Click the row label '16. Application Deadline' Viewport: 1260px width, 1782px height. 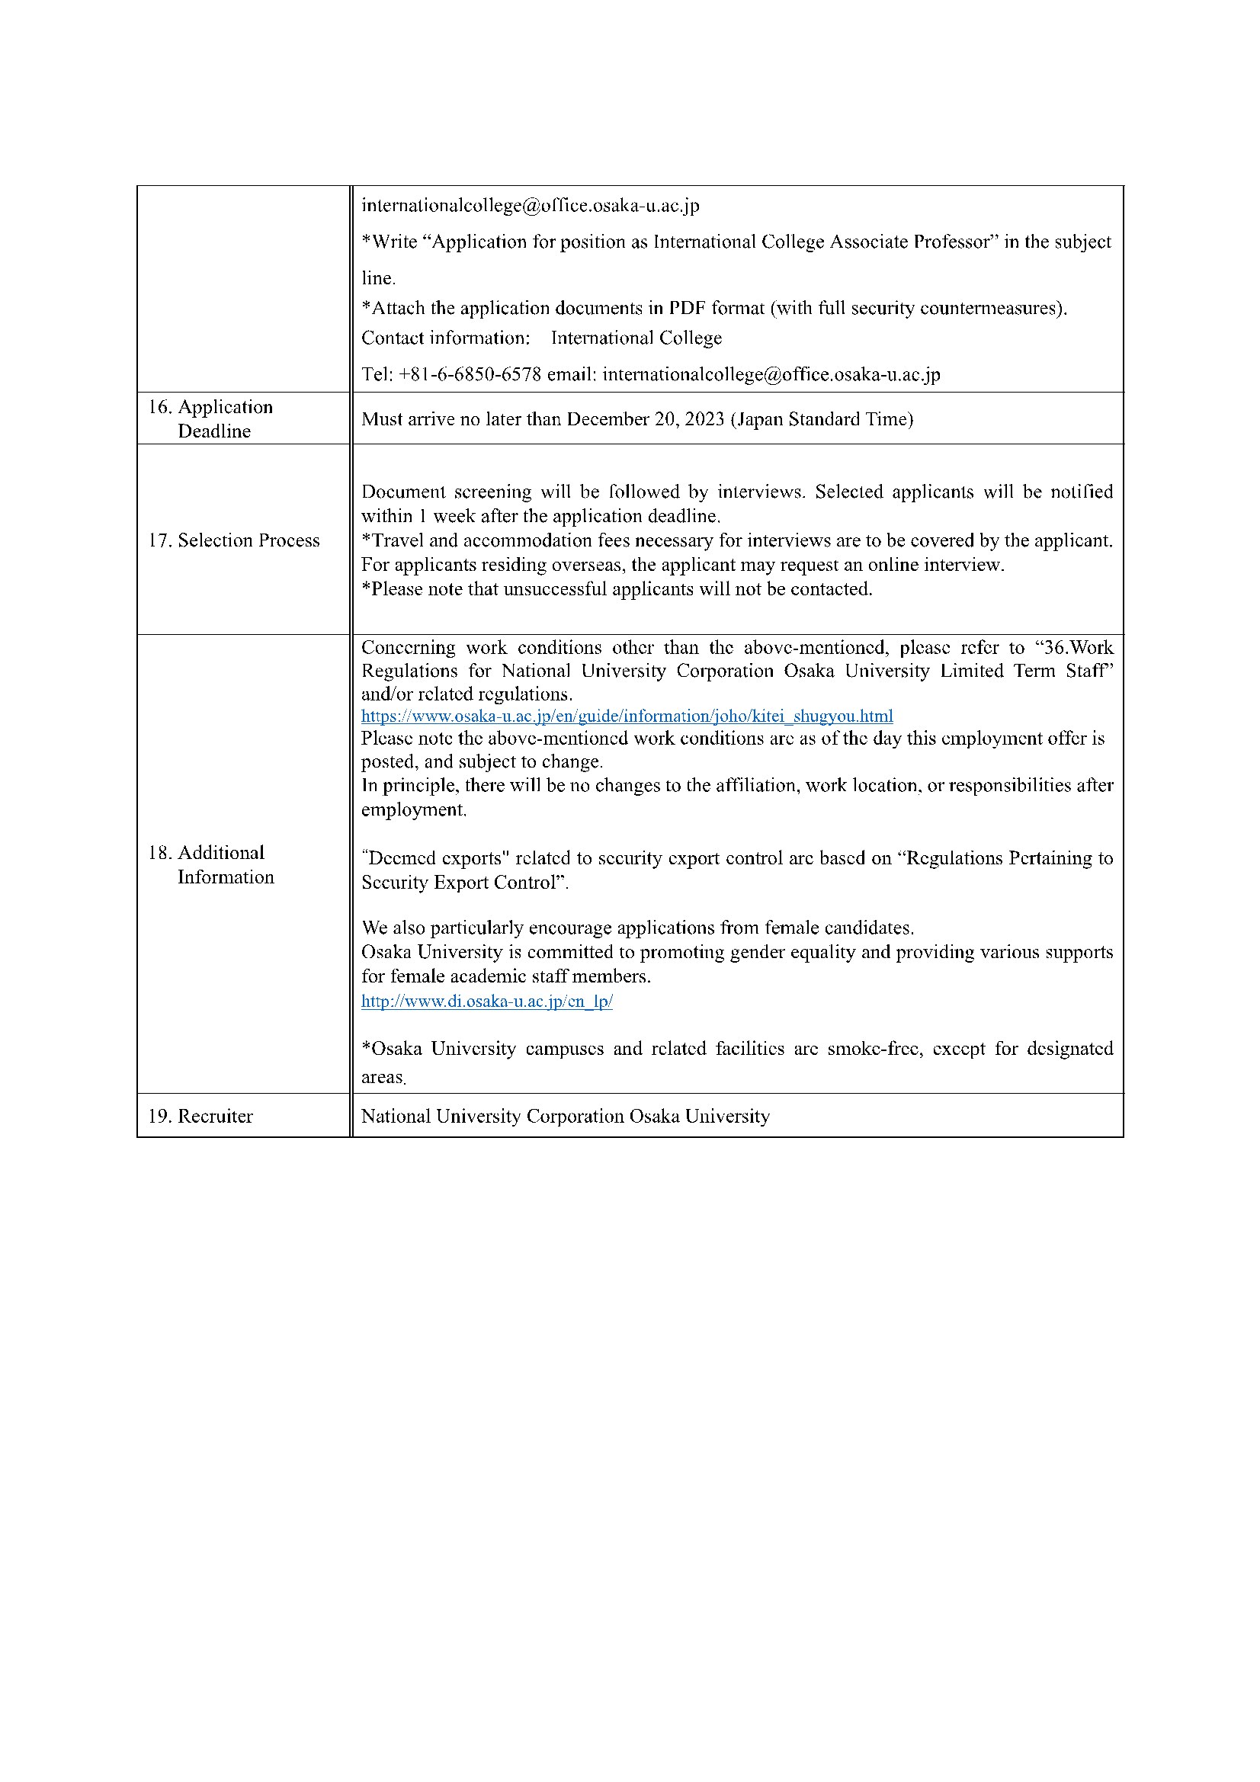(x=210, y=418)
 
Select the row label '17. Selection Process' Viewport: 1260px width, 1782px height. (x=234, y=540)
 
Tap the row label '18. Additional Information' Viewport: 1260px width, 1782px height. (x=210, y=864)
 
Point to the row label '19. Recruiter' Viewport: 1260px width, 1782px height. (x=200, y=1116)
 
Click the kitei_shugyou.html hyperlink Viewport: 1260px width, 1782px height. (x=627, y=716)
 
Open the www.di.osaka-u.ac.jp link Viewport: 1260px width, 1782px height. (x=487, y=1002)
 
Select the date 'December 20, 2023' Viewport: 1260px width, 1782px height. (x=645, y=419)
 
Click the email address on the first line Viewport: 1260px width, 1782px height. (x=531, y=206)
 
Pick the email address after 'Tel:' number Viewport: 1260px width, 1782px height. (x=771, y=374)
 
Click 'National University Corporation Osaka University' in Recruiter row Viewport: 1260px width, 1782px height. (x=565, y=1116)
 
